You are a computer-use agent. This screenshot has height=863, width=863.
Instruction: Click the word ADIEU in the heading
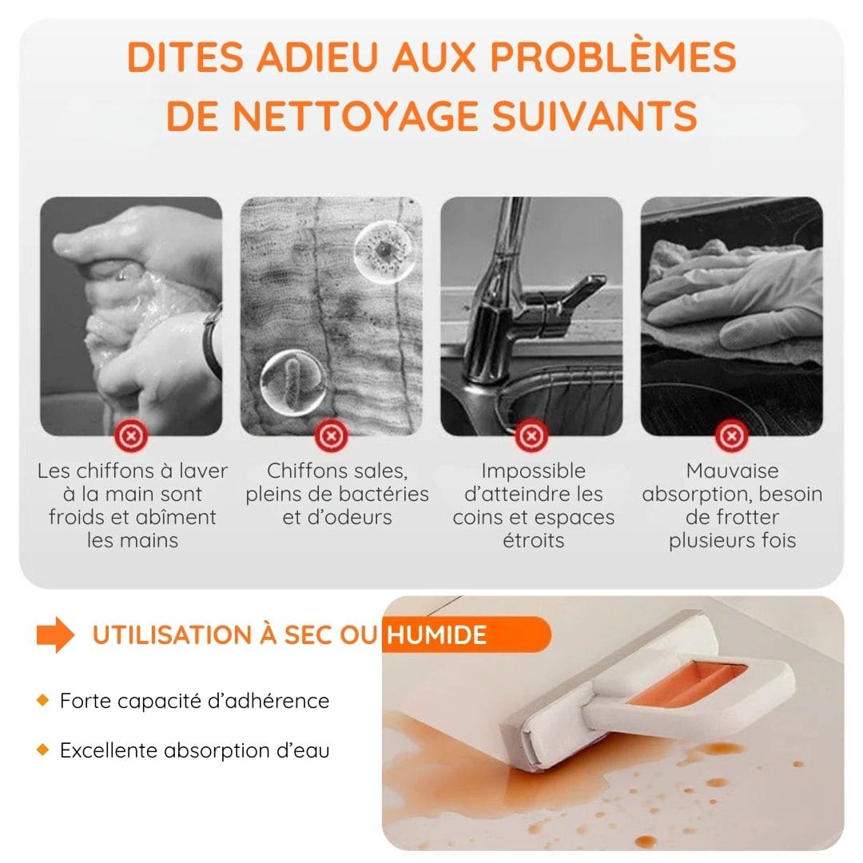[x=317, y=57]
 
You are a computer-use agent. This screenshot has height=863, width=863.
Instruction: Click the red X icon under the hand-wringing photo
[x=131, y=436]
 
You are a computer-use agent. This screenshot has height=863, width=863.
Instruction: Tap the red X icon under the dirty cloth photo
[x=331, y=436]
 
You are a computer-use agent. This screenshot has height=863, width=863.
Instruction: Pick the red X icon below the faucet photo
[x=531, y=436]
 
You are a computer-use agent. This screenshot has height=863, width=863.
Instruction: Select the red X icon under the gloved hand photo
[x=731, y=436]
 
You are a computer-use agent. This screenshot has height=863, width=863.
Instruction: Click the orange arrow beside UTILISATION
[x=55, y=635]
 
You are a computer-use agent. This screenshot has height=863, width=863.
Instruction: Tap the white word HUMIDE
[x=436, y=635]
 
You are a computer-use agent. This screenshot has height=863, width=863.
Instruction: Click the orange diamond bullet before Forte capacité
[x=43, y=700]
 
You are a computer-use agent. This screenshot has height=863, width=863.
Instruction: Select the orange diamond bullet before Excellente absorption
[x=43, y=750]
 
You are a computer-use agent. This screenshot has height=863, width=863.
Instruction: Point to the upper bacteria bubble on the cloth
[x=384, y=252]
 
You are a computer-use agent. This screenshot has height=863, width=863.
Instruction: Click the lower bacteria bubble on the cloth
[x=293, y=382]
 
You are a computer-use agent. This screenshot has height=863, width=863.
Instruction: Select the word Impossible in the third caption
[x=533, y=471]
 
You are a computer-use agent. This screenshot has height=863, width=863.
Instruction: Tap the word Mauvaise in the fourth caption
[x=732, y=471]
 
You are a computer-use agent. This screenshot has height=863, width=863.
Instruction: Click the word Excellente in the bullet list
[x=109, y=750]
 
